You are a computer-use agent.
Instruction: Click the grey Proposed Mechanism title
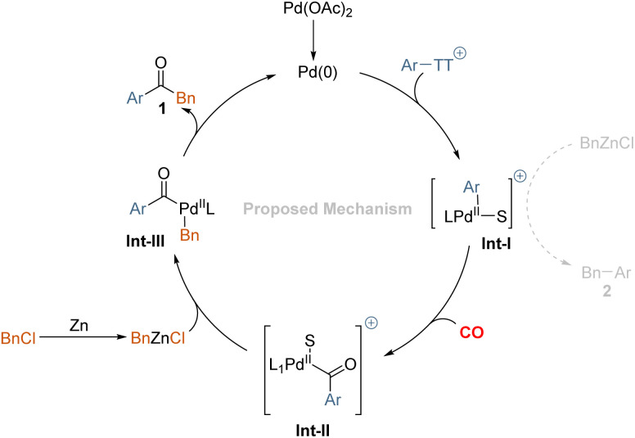point(327,210)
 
